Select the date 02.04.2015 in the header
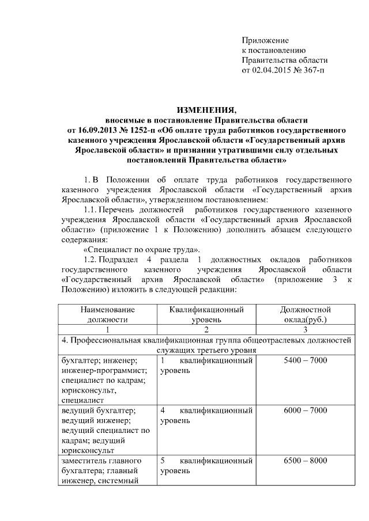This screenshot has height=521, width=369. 273,70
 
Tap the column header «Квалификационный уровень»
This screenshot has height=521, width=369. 206,314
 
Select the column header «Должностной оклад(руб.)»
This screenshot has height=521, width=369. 305,314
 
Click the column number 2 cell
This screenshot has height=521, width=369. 206,330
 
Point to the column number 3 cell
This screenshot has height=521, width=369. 305,330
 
